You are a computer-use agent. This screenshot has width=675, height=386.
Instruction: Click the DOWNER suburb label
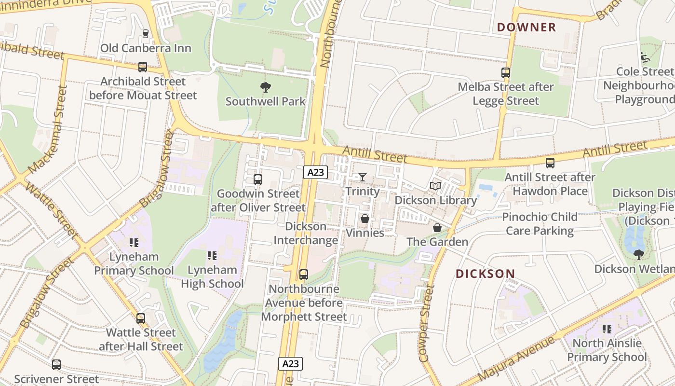click(x=526, y=27)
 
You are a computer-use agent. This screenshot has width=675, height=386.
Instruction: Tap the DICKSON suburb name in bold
click(x=486, y=274)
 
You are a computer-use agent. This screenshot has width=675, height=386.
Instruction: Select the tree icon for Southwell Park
click(x=265, y=87)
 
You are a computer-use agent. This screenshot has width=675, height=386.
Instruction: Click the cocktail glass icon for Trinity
click(x=363, y=177)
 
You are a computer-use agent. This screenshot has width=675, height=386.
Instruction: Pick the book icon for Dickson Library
click(x=435, y=186)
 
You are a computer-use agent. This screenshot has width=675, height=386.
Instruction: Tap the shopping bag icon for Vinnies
click(x=365, y=219)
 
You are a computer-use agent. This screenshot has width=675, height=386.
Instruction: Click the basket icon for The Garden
click(x=437, y=228)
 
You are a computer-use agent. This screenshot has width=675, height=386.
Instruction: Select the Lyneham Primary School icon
click(x=134, y=242)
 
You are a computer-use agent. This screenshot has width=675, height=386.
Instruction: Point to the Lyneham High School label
click(x=212, y=276)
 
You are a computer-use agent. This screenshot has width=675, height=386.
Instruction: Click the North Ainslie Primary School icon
click(x=607, y=329)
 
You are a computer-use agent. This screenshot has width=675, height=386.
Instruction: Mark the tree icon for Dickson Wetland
click(x=639, y=254)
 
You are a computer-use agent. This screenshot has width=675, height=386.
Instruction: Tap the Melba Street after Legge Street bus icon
click(x=505, y=73)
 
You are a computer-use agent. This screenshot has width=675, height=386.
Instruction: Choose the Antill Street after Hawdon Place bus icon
click(x=550, y=163)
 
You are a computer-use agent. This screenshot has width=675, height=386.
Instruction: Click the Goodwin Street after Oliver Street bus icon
click(x=258, y=179)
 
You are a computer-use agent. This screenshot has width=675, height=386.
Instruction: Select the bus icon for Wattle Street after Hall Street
click(x=141, y=318)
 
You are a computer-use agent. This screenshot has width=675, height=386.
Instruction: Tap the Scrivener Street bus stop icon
click(x=56, y=365)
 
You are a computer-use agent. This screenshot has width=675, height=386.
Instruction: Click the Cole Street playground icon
click(x=645, y=57)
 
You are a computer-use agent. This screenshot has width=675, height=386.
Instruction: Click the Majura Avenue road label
click(x=516, y=358)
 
